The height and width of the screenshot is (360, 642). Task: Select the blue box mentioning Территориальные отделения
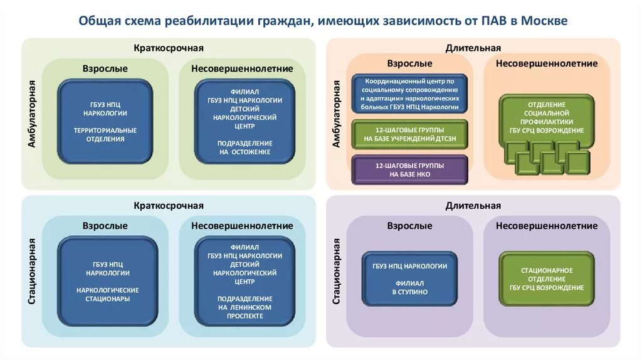[x=105, y=122]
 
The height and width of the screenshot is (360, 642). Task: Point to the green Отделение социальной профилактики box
[x=547, y=117]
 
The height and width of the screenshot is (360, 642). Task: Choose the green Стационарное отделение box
[x=547, y=279]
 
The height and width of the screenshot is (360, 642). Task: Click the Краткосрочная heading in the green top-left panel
[x=168, y=48]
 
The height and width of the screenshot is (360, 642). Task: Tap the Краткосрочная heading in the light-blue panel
[x=168, y=206]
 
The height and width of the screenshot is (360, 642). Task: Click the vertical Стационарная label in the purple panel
[x=336, y=271]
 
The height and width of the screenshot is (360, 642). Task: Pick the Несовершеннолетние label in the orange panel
[x=547, y=63]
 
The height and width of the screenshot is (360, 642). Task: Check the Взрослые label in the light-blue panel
[x=105, y=226]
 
